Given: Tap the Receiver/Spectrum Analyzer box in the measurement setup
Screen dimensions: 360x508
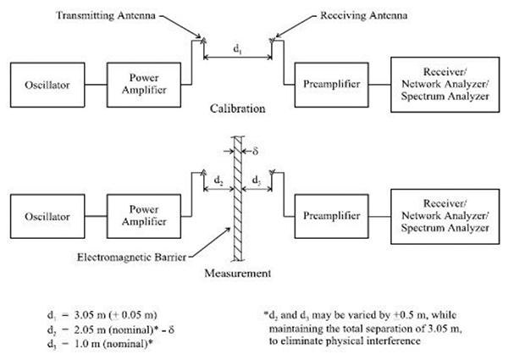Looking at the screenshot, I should coord(439,215).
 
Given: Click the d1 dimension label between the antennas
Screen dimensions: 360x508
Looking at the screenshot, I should coord(237,49).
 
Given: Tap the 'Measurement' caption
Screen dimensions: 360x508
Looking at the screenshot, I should coord(238,274).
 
